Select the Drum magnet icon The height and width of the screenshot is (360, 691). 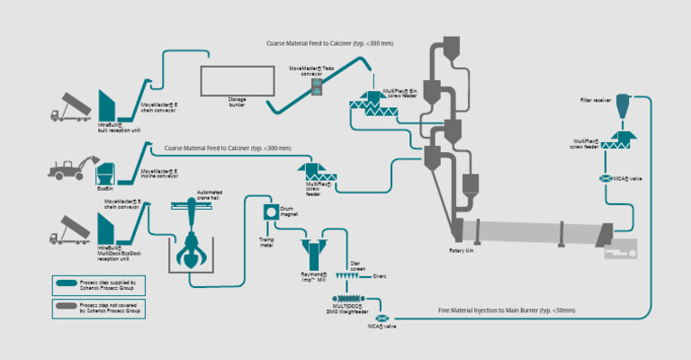tap(269, 212)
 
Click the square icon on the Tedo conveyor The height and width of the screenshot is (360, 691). tap(317, 86)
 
